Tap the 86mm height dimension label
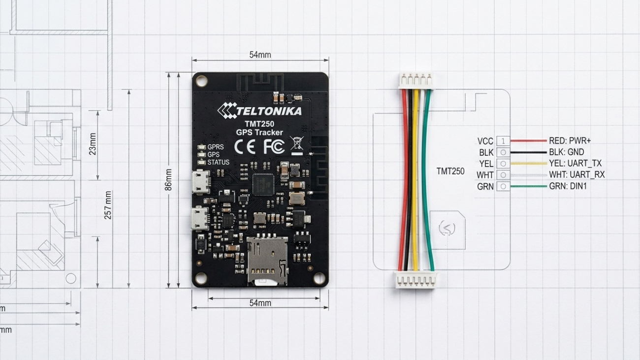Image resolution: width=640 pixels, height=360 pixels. point(168,180)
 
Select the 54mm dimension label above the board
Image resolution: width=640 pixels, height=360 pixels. point(260,55)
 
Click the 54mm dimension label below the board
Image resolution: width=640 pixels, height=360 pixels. point(260,303)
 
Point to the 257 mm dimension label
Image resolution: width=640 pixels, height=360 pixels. point(108,205)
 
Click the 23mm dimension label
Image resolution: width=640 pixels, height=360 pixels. point(93,144)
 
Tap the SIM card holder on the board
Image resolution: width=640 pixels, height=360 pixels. point(267,261)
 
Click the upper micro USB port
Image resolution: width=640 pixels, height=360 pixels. point(201,182)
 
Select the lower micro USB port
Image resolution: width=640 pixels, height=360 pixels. point(200,219)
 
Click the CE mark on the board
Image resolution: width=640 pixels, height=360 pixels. point(245,147)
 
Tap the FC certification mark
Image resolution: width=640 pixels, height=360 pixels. point(274,147)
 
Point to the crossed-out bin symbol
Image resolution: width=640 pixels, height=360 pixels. point(297,145)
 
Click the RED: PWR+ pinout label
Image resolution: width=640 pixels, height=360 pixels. point(570,140)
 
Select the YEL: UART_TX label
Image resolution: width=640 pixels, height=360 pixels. point(575,163)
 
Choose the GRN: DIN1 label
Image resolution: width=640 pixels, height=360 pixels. point(568,186)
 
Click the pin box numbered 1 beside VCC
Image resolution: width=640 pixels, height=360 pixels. point(503,140)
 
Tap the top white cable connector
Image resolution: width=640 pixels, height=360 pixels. point(416,81)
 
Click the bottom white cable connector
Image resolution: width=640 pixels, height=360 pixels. point(416,279)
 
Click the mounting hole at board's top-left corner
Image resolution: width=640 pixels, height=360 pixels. point(201,81)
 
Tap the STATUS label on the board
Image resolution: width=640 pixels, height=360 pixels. point(218,163)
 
